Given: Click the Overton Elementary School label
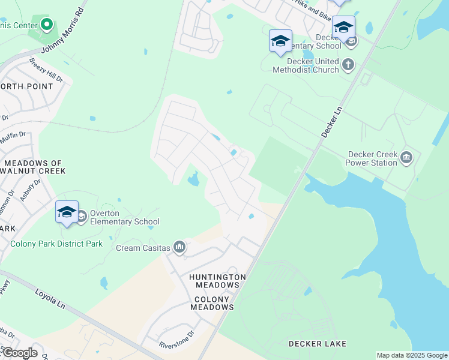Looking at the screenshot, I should [125, 218].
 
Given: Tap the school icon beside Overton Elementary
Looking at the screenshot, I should [67, 212].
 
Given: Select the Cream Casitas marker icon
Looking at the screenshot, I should [179, 247].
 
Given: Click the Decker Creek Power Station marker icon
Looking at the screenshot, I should [406, 158].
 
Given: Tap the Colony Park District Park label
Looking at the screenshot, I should [56, 244].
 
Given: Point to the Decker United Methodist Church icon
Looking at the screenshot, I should [348, 64].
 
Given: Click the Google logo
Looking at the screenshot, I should [19, 353].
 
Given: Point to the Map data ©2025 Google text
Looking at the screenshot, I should [412, 355].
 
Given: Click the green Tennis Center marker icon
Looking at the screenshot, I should [46, 25].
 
